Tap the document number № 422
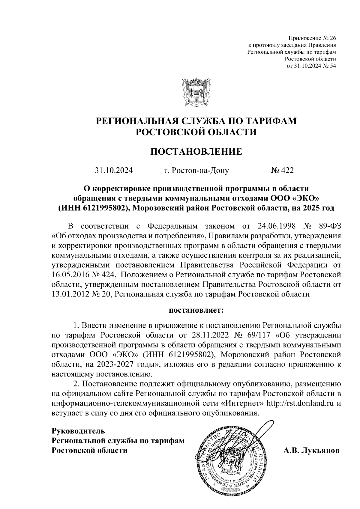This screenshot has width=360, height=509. (x=282, y=171)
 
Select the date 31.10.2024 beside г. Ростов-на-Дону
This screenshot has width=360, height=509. (x=114, y=171)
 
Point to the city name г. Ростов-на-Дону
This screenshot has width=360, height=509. (x=196, y=171)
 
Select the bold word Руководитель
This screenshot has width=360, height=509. (x=79, y=431)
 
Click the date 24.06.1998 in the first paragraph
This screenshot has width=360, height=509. (x=276, y=226)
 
